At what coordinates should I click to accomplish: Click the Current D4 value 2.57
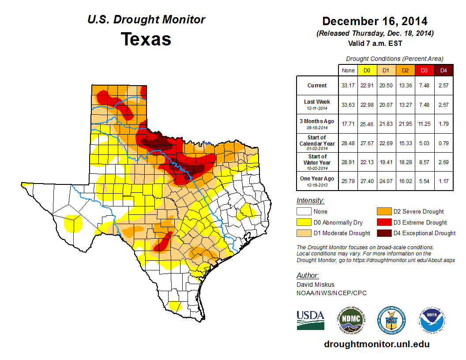(x=443, y=86)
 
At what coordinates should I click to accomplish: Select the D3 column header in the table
(x=424, y=70)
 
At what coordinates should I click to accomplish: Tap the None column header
(x=348, y=70)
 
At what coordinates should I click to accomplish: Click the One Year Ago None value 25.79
(x=348, y=181)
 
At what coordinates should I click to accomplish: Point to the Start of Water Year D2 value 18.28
(x=405, y=162)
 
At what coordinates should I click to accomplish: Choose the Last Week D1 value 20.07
(x=386, y=105)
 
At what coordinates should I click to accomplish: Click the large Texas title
(x=146, y=39)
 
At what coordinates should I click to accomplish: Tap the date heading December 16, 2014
(x=375, y=21)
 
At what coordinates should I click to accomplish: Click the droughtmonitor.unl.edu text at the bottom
(x=376, y=344)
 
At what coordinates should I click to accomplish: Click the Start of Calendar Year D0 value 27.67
(x=367, y=143)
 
